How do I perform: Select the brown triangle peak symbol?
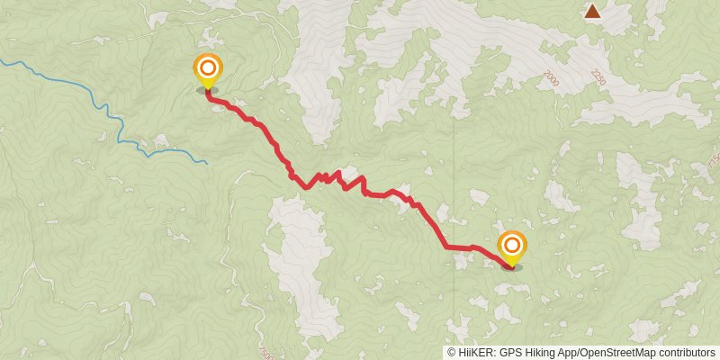click(x=592, y=12)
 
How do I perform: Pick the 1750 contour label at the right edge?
click(x=713, y=163)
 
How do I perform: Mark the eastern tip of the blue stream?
click(x=206, y=162)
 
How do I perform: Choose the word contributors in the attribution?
click(x=689, y=353)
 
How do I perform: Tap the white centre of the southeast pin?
click(x=512, y=244)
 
